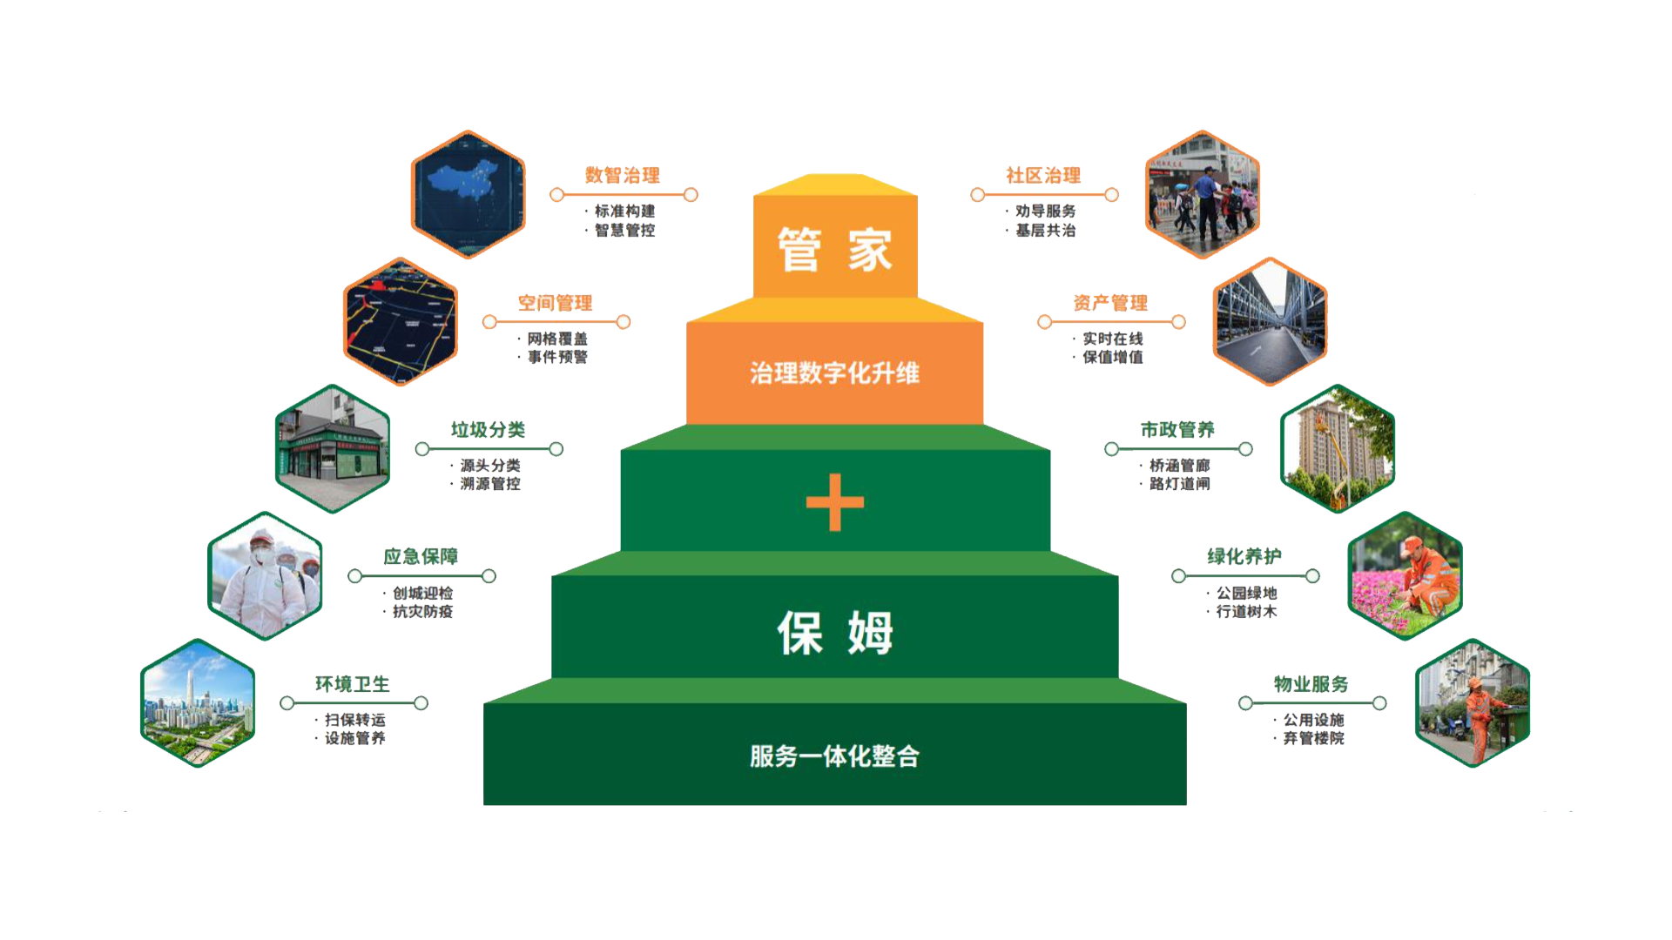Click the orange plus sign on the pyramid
pyautogui.click(x=834, y=502)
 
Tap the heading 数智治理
pyautogui.click(x=622, y=176)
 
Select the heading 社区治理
pyautogui.click(x=1043, y=176)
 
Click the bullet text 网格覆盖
pyautogui.click(x=557, y=339)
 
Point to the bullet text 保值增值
pyautogui.click(x=1112, y=358)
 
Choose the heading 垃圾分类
pyautogui.click(x=488, y=430)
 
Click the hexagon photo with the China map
pyautogui.click(x=469, y=194)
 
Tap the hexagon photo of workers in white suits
pyautogui.click(x=266, y=576)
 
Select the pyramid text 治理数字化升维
pyautogui.click(x=834, y=373)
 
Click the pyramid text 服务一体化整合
pyautogui.click(x=834, y=756)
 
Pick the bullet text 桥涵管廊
pyautogui.click(x=1179, y=466)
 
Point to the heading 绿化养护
pyautogui.click(x=1244, y=557)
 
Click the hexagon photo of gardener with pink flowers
pyautogui.click(x=1405, y=576)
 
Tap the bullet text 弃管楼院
pyautogui.click(x=1313, y=739)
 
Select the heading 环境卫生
pyautogui.click(x=352, y=685)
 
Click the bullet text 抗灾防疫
pyautogui.click(x=422, y=612)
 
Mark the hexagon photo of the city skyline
pyautogui.click(x=198, y=703)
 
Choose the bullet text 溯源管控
pyautogui.click(x=489, y=484)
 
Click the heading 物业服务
pyautogui.click(x=1311, y=685)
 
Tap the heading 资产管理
pyautogui.click(x=1110, y=303)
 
